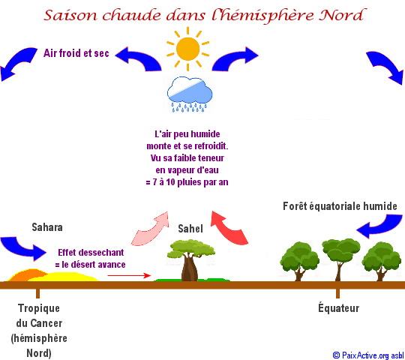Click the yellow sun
point(187,49)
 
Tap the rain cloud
point(190,94)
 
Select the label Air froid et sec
point(76,53)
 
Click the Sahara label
point(47,227)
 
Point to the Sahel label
point(190,229)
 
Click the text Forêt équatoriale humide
point(340,206)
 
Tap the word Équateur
point(338,307)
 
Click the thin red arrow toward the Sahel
point(129,275)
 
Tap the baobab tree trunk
point(190,267)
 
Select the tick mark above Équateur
point(337,293)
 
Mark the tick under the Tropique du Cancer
point(38,293)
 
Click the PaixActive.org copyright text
point(368,355)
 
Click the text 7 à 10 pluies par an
point(190,182)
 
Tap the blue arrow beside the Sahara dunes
point(23,248)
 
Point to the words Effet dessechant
point(91,252)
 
